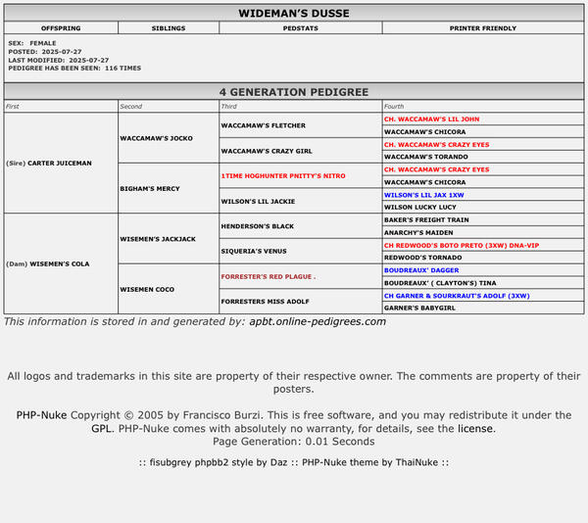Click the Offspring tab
coord(62,28)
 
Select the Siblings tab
coord(169,28)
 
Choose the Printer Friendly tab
coord(483,28)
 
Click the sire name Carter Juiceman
coord(60,163)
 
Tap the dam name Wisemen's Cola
coord(61,263)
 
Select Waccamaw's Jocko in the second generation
coord(157,138)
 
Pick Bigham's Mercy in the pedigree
coord(149,188)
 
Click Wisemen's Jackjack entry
coord(159,239)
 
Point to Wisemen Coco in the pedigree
coord(147,289)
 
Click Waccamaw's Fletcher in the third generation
coord(264,125)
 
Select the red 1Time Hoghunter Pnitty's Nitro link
coord(283,175)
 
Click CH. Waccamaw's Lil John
coord(431,119)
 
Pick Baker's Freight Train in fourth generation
coord(426,220)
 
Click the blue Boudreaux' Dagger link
coord(421,270)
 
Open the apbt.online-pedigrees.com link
coord(318,321)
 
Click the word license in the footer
coord(475,429)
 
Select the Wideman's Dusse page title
coord(294,14)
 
